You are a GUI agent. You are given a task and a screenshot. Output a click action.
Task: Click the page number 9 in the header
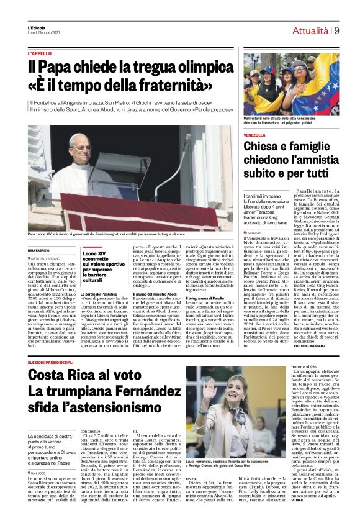tap(336, 30)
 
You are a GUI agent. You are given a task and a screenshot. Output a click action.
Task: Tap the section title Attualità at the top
tap(310, 30)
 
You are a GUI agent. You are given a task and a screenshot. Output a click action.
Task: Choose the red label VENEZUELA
tap(254, 135)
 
